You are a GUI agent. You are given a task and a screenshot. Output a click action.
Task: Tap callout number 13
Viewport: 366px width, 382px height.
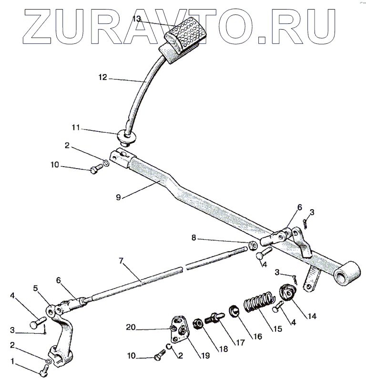tap(137, 19)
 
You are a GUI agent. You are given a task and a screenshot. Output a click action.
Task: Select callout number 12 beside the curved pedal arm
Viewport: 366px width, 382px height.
tap(103, 76)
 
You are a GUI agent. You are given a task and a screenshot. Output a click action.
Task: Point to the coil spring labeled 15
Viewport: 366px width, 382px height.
tap(259, 304)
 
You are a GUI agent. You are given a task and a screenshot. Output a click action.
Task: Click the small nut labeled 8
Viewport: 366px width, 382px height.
tap(253, 246)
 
